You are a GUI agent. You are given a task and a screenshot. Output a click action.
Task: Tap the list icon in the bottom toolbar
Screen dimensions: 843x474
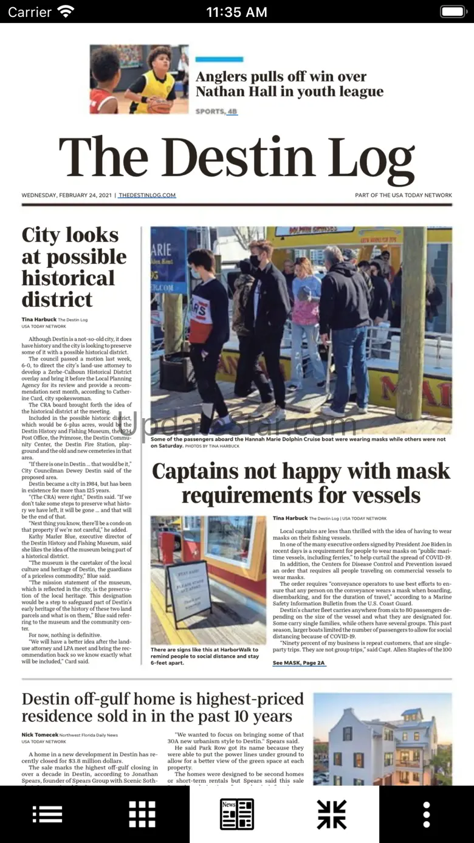coord(47,814)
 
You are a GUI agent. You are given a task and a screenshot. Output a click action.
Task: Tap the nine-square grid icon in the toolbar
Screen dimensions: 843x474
coord(142,814)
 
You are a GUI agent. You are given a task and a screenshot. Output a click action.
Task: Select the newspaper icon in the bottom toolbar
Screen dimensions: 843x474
coord(236,814)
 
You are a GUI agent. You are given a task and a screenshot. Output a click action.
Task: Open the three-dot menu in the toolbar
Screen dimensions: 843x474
coord(427,814)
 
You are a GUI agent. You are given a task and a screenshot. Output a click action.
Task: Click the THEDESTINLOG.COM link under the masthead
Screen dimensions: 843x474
coord(147,195)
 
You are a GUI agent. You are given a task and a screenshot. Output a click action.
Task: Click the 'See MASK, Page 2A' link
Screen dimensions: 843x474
coord(299,662)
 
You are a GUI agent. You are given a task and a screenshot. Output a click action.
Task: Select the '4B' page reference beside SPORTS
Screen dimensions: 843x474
coord(232,111)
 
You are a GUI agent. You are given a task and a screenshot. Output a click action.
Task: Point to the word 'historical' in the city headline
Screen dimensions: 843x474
coord(68,278)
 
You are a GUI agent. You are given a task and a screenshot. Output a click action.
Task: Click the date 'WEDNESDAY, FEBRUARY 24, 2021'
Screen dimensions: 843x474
coord(67,195)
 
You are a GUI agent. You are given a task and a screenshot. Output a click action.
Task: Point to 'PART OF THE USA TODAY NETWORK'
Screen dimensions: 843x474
coord(404,195)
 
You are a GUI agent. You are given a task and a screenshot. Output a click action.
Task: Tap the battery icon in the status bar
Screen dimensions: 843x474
coord(453,12)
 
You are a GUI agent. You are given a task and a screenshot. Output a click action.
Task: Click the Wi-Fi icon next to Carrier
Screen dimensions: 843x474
coord(65,12)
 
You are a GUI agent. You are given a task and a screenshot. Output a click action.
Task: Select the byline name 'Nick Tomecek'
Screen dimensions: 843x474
coord(39,735)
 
